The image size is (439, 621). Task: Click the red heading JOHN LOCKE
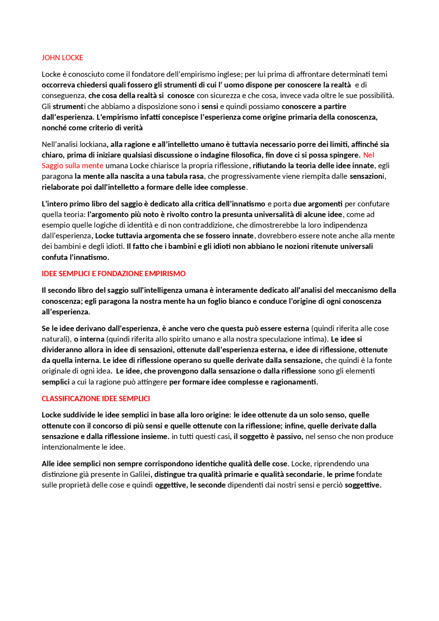tap(62, 58)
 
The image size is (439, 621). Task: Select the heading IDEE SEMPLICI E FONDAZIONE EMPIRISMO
tap(114, 274)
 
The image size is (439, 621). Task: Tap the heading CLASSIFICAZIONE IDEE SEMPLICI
tap(96, 398)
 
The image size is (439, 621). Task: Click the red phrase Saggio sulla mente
tap(72, 166)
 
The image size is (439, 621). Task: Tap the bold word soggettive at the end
tap(363, 485)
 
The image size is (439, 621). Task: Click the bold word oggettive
tap(170, 485)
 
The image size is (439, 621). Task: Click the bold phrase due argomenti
tap(318, 204)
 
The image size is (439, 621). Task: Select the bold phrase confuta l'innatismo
tap(75, 257)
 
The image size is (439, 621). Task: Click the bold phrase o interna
tap(89, 339)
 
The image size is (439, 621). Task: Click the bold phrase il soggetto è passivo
tap(268, 437)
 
